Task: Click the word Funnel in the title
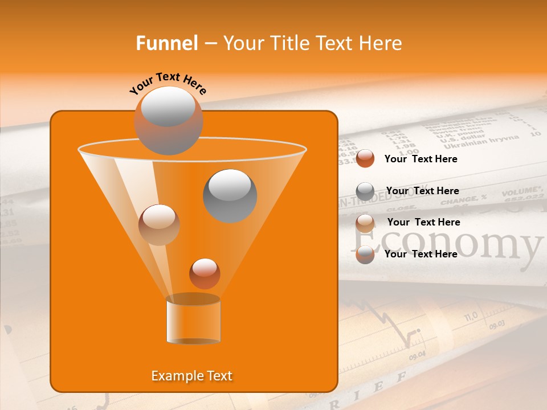click(166, 43)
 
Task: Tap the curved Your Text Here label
click(168, 83)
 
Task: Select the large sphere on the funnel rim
click(168, 120)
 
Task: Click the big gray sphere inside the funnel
click(230, 195)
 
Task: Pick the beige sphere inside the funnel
click(159, 224)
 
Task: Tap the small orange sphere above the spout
click(205, 273)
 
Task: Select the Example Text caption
click(191, 376)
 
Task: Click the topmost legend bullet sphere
click(365, 159)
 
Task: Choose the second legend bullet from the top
click(365, 191)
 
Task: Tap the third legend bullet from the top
click(365, 223)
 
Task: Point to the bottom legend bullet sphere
click(365, 255)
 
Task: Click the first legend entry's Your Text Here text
click(421, 159)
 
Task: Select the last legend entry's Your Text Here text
click(421, 254)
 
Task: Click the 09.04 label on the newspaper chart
click(417, 355)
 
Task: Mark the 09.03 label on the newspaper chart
click(496, 325)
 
